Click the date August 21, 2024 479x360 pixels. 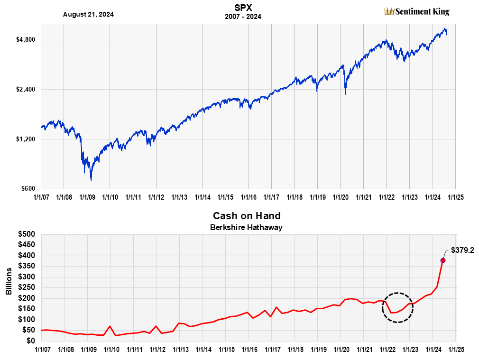pyautogui.click(x=88, y=14)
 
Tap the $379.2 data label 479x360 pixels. pyautogui.click(x=462, y=249)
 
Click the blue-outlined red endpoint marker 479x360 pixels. pyautogui.click(x=443, y=260)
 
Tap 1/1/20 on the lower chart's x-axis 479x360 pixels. pyautogui.click(x=341, y=349)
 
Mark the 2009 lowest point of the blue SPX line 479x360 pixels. pyautogui.click(x=91, y=180)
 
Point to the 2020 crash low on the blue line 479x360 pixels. pyautogui.click(x=345, y=94)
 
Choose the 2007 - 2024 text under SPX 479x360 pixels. pyautogui.click(x=243, y=17)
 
